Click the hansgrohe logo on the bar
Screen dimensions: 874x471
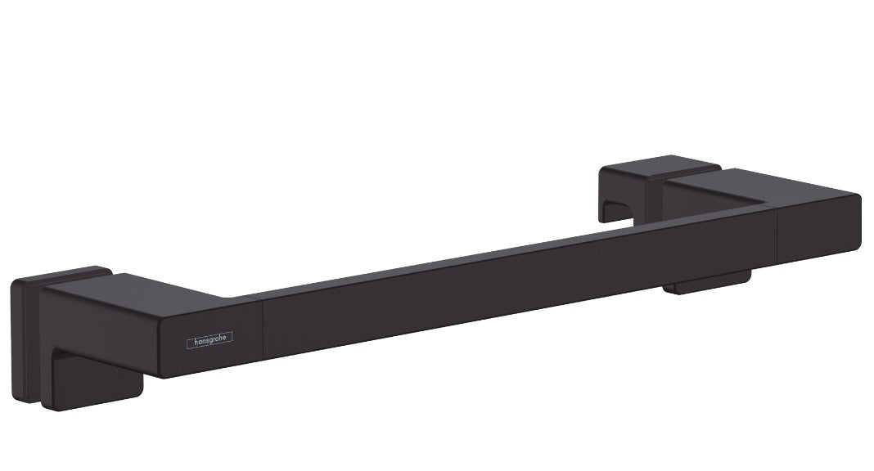(x=209, y=340)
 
